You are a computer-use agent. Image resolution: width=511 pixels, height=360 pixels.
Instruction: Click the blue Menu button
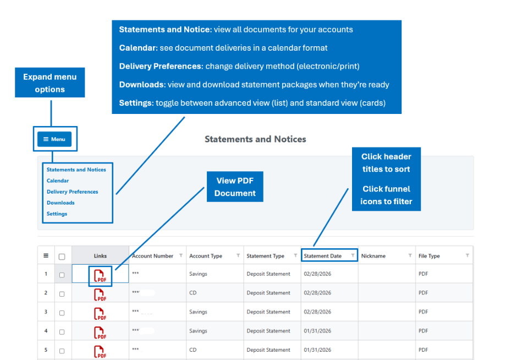click(54, 139)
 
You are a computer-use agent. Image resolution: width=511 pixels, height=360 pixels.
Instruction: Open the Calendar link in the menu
click(58, 181)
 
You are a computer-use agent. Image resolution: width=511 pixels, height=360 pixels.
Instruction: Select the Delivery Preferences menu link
click(72, 192)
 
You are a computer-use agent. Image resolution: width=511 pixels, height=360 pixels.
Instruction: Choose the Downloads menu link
click(61, 203)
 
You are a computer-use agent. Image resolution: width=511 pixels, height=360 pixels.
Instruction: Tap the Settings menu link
click(57, 214)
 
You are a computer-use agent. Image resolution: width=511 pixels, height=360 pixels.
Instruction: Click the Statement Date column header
click(323, 256)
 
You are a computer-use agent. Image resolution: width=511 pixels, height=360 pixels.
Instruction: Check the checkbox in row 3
click(62, 313)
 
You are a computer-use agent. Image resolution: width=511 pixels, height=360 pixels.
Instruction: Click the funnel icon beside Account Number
click(181, 255)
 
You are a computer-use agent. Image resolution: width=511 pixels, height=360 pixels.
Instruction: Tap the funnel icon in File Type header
click(467, 255)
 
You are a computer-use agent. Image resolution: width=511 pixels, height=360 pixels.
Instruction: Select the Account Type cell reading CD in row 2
click(193, 293)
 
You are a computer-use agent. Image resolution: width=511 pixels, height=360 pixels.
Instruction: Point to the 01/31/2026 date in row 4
click(317, 331)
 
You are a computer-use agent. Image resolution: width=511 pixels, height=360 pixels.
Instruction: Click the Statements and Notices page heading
click(255, 139)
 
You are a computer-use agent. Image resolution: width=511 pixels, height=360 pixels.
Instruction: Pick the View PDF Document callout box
click(235, 187)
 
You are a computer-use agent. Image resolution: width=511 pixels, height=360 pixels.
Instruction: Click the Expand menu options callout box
click(50, 83)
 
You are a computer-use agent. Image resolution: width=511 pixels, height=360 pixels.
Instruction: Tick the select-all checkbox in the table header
click(62, 257)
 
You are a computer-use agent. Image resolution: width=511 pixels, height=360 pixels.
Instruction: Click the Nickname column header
click(373, 256)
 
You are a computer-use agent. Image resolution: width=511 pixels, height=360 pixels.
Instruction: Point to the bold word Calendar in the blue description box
click(138, 48)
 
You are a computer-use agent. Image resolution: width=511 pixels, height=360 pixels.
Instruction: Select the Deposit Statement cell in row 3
click(268, 312)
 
